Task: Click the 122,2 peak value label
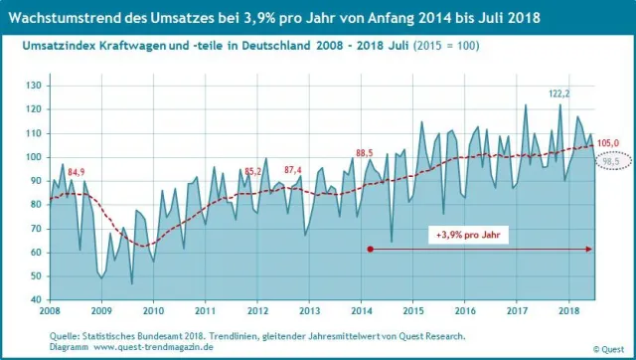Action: pyautogui.click(x=560, y=92)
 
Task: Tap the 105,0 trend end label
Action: pyautogui.click(x=607, y=142)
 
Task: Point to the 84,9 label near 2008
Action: pyautogui.click(x=77, y=172)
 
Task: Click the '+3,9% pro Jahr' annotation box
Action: pyautogui.click(x=467, y=235)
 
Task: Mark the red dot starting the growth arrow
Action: pyautogui.click(x=370, y=249)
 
